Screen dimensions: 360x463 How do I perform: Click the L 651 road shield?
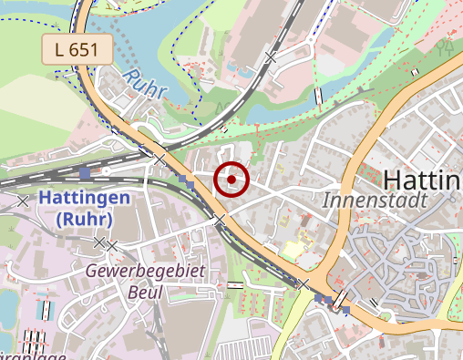pos(77,49)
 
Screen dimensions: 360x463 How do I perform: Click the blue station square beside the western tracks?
pos(85,171)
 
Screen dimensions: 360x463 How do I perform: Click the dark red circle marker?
pos(232,180)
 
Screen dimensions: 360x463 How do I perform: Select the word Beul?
pos(146,293)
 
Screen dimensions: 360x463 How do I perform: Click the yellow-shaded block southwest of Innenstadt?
pos(292,248)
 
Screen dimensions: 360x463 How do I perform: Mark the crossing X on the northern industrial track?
pos(270,57)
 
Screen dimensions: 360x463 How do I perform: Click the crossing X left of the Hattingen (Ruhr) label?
pos(23,201)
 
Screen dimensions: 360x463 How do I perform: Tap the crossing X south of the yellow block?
pos(304,283)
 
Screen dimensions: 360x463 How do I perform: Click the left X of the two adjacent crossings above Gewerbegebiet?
pos(99,242)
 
